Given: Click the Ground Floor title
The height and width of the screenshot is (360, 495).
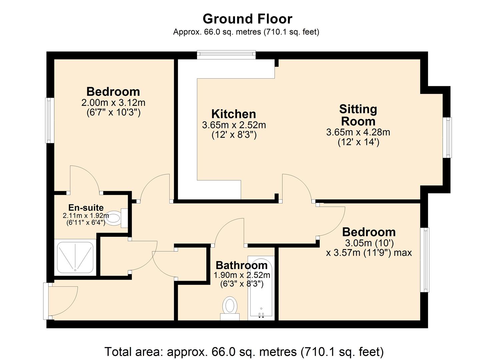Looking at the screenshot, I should click(247, 19).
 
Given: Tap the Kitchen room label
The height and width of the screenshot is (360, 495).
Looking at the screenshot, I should click(234, 114).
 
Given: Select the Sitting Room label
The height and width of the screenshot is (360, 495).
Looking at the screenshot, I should click(358, 115).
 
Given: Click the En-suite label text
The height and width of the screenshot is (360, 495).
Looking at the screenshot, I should click(86, 208).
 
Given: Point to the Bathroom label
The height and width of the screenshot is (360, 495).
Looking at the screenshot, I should click(242, 265).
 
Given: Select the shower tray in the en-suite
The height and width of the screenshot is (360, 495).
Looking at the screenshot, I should click(75, 257).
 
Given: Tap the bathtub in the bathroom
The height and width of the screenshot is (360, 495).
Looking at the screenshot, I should click(261, 288).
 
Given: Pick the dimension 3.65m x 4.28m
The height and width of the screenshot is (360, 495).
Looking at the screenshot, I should click(358, 132).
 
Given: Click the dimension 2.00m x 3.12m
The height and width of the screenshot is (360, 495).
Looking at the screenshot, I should click(113, 102).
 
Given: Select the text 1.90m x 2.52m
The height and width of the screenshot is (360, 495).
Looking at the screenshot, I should click(242, 275).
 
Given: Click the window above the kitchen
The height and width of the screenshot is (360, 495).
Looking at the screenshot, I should click(226, 54).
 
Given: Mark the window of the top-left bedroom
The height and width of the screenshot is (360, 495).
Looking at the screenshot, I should click(49, 120).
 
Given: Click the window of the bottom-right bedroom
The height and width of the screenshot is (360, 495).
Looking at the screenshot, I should click(425, 260).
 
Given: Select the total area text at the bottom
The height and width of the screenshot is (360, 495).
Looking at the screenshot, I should click(244, 352).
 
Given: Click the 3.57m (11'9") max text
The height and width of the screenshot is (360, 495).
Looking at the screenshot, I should click(369, 253).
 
